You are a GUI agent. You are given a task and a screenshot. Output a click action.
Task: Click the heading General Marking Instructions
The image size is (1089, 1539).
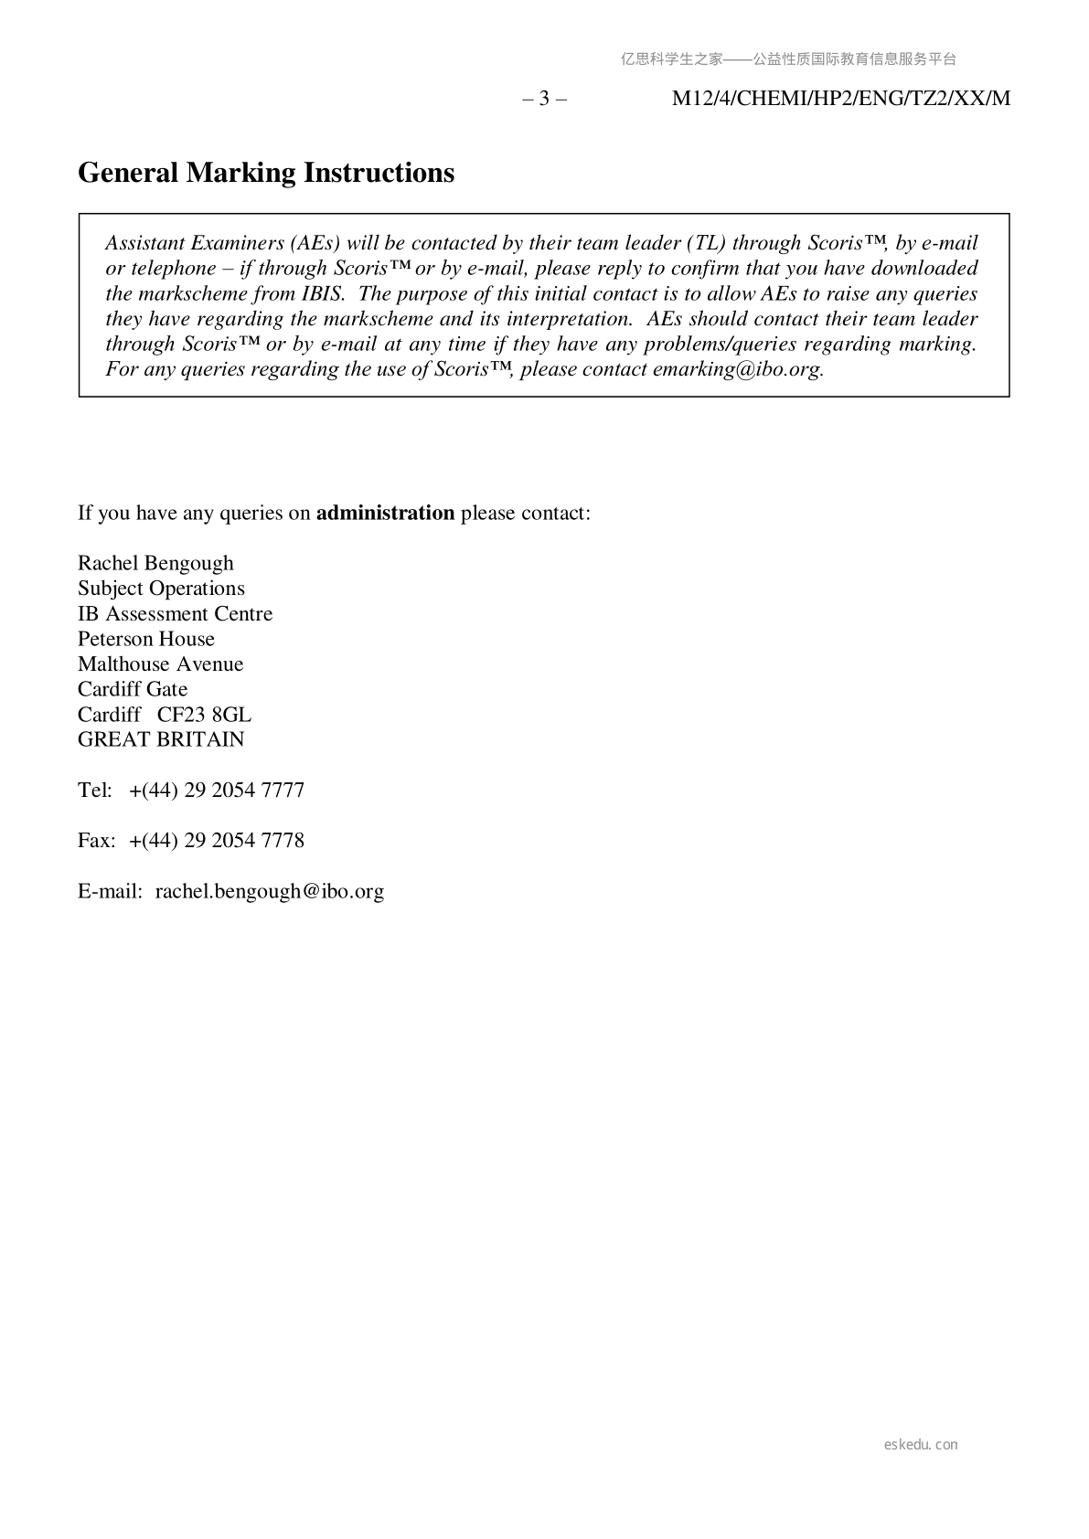(266, 173)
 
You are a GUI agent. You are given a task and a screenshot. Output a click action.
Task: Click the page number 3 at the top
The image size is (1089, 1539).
(544, 99)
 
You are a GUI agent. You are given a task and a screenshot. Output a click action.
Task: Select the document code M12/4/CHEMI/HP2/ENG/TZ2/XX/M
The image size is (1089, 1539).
(841, 99)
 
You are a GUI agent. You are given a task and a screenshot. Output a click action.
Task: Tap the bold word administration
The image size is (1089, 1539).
(385, 513)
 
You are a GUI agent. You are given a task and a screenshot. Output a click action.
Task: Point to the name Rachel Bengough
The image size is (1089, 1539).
(155, 563)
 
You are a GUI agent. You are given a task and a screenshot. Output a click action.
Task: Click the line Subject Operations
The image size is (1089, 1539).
(161, 589)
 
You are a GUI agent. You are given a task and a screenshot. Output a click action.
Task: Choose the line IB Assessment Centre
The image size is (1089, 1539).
(175, 614)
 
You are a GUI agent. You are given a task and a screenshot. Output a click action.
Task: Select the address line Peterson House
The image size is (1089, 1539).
(146, 639)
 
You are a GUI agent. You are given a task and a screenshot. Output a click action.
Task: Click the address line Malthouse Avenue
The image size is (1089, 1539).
(161, 664)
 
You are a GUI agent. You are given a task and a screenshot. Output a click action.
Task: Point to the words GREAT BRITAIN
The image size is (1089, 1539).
(161, 739)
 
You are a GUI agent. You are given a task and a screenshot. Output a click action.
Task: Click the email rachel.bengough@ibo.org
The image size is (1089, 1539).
(270, 891)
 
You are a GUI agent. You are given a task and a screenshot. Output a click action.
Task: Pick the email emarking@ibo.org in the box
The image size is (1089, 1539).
(737, 370)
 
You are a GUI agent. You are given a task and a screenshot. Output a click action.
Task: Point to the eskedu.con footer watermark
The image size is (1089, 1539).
(921, 1445)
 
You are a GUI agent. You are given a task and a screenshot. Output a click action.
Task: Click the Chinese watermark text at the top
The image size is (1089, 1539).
(788, 59)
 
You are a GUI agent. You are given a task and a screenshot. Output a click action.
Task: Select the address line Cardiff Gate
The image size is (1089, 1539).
(133, 689)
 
